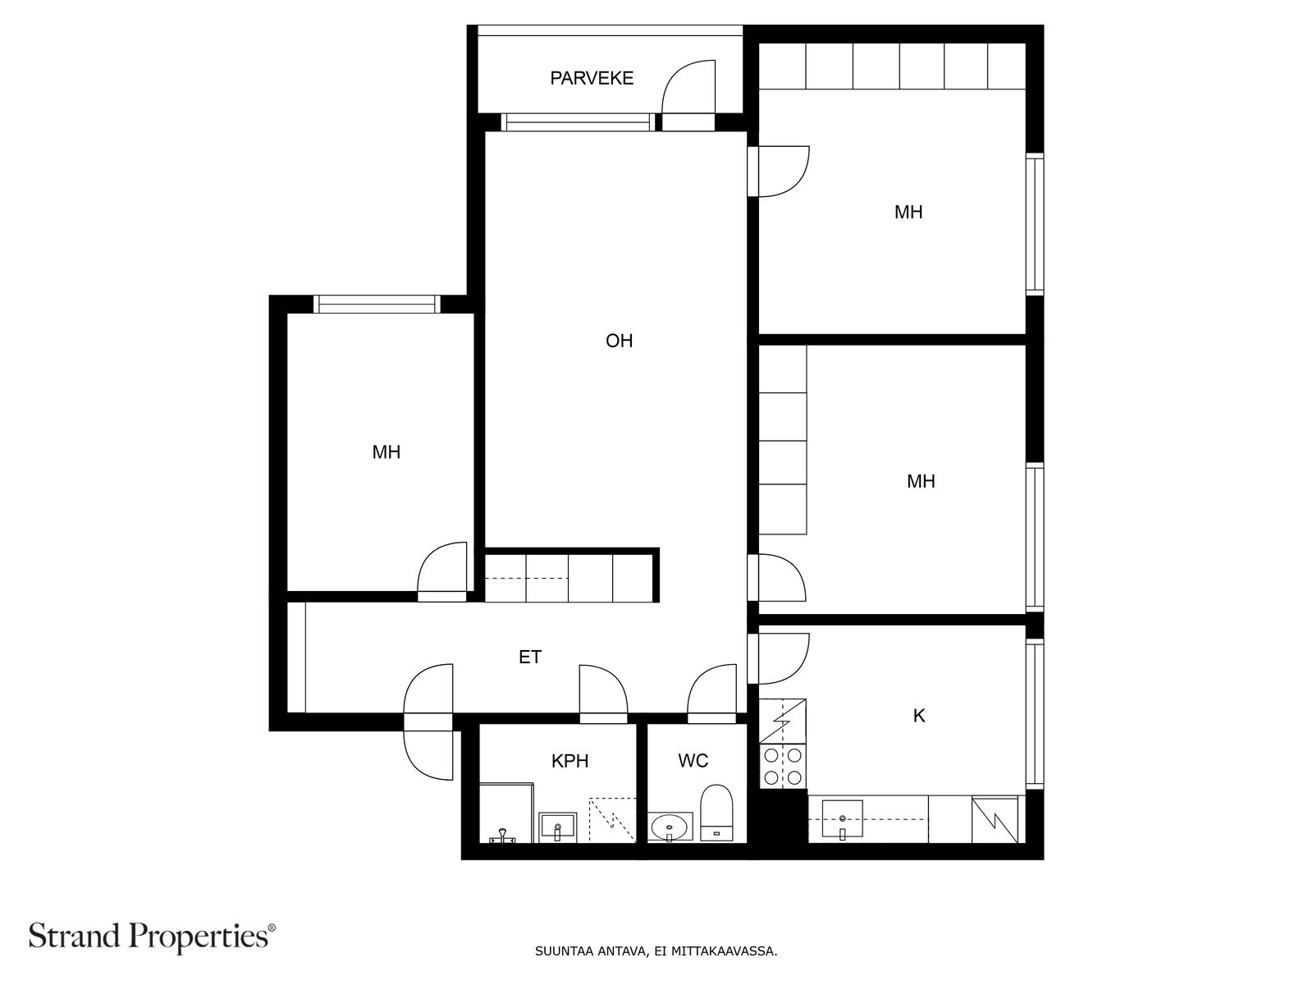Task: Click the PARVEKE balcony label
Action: (591, 78)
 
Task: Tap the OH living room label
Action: (619, 341)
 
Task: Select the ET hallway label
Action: (529, 657)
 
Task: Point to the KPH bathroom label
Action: (570, 762)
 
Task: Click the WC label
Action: (693, 761)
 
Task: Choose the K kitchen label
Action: (919, 716)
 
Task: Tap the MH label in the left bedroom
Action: (386, 452)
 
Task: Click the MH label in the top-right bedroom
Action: (908, 212)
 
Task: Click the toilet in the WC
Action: (716, 813)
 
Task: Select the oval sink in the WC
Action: (669, 827)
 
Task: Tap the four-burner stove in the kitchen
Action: (782, 766)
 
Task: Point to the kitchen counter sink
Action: (842, 818)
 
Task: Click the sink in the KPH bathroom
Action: (557, 827)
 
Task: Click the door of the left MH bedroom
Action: (441, 571)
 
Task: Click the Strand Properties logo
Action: (153, 937)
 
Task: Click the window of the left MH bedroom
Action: (377, 305)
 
